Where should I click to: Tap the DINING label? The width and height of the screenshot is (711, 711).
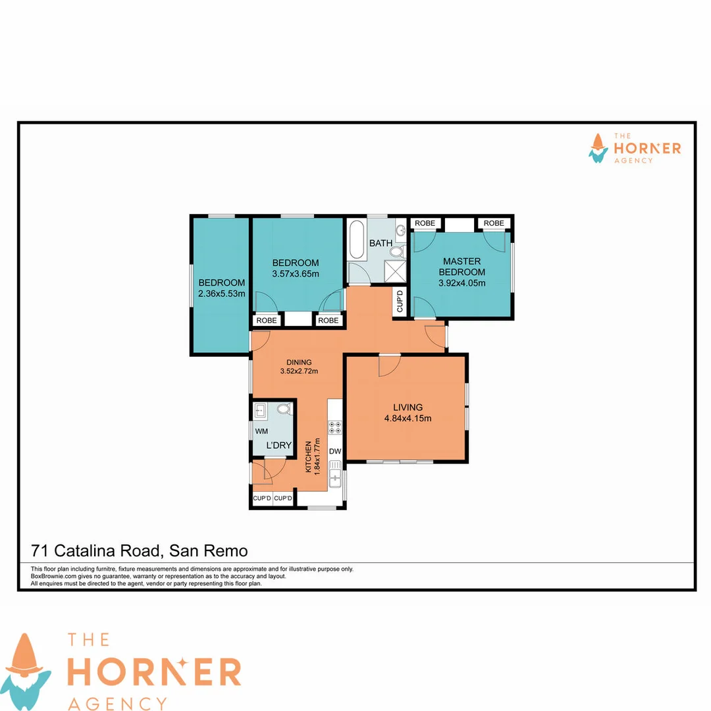(x=299, y=362)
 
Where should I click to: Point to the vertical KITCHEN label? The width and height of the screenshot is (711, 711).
(x=307, y=456)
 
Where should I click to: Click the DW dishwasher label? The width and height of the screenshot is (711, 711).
(x=334, y=452)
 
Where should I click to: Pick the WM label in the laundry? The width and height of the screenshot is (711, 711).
(x=261, y=432)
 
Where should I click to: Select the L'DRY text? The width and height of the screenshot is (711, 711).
(x=278, y=446)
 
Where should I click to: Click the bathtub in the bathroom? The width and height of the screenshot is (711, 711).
(x=356, y=240)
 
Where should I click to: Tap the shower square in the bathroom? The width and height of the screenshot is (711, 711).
(x=396, y=271)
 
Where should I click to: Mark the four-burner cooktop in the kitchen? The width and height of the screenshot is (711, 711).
(x=335, y=427)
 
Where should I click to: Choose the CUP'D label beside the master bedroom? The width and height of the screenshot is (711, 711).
(x=399, y=301)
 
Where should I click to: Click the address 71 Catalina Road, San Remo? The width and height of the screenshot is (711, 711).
(x=140, y=550)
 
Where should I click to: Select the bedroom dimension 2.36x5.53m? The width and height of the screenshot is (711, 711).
(x=221, y=294)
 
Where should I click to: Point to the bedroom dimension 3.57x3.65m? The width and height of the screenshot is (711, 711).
(x=296, y=274)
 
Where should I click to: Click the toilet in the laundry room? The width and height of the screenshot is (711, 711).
(x=284, y=409)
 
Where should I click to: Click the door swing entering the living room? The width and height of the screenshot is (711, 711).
(x=388, y=365)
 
